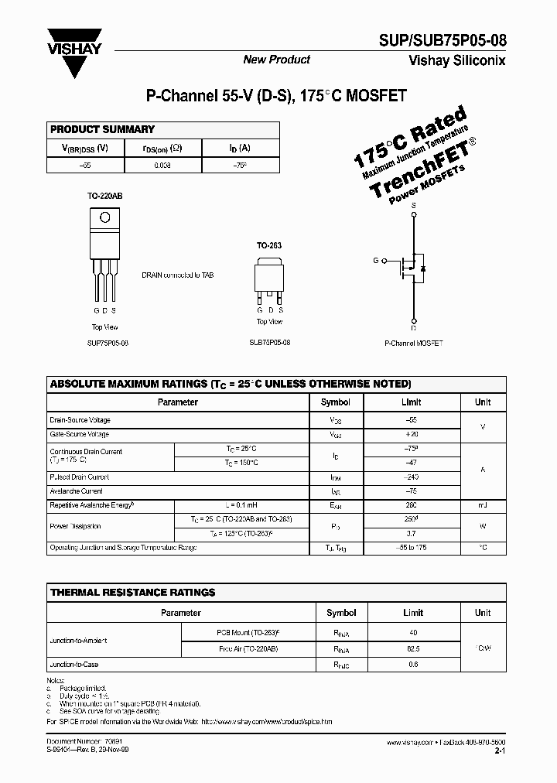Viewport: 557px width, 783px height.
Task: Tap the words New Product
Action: pos(276,60)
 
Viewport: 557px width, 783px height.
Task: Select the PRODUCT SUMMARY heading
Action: pos(102,129)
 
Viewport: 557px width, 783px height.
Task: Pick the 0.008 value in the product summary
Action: pos(162,165)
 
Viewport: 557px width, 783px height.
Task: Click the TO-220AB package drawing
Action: pos(104,252)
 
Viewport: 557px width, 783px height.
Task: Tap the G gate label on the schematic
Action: pos(375,262)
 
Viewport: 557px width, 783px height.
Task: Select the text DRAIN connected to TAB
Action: pos(177,275)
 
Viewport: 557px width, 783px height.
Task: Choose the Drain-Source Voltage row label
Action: pos(80,420)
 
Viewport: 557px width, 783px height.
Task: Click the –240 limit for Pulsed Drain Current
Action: pos(411,477)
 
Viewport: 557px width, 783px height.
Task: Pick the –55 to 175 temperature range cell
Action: pos(411,548)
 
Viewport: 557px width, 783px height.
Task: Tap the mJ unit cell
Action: pos(483,504)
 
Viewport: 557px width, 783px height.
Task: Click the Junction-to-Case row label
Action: pos(74,665)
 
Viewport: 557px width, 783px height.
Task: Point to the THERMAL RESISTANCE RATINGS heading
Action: pos(132,592)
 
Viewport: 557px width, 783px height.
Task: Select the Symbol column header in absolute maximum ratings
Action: pos(335,402)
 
